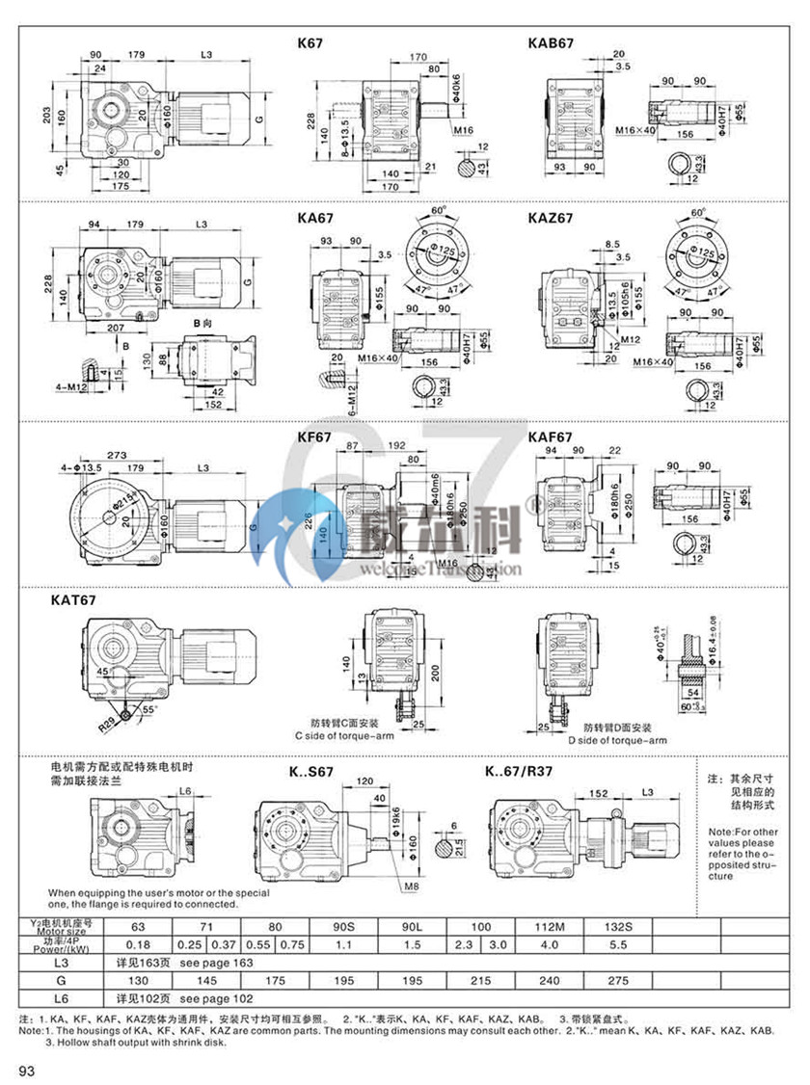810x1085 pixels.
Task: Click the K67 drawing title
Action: tap(311, 43)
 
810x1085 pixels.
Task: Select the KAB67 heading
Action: tap(551, 43)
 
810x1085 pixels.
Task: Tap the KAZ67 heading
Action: tap(551, 218)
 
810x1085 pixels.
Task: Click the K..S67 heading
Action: tap(312, 771)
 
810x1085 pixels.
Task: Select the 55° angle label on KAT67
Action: tap(148, 709)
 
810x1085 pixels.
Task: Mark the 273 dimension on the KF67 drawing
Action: tap(119, 455)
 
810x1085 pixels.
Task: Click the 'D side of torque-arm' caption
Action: tap(616, 741)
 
